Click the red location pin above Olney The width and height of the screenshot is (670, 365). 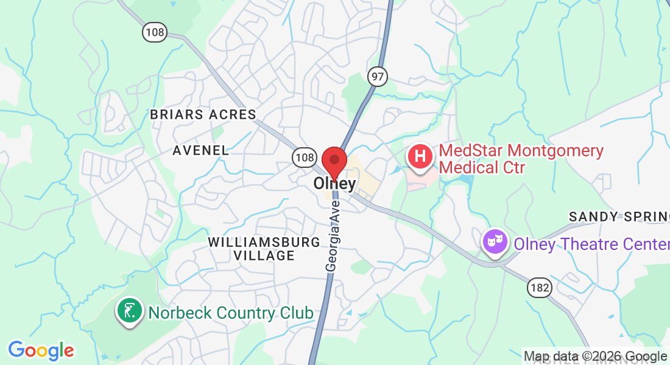click(334, 160)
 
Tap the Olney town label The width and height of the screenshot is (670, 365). click(334, 184)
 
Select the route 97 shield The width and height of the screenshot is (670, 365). click(377, 76)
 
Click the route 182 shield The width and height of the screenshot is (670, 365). click(540, 287)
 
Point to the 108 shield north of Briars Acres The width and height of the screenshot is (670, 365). click(155, 32)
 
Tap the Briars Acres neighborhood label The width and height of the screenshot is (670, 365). click(203, 114)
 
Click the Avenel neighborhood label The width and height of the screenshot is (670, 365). click(200, 150)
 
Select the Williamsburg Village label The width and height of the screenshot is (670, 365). click(264, 249)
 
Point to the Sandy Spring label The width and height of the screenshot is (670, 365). click(619, 217)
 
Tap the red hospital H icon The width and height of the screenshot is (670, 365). click(420, 156)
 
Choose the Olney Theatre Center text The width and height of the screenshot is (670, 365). click(591, 244)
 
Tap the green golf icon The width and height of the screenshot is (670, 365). click(129, 312)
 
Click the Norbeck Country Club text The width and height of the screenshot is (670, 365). click(231, 313)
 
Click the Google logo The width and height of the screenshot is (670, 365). click(41, 350)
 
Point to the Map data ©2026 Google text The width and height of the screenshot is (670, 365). click(595, 356)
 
